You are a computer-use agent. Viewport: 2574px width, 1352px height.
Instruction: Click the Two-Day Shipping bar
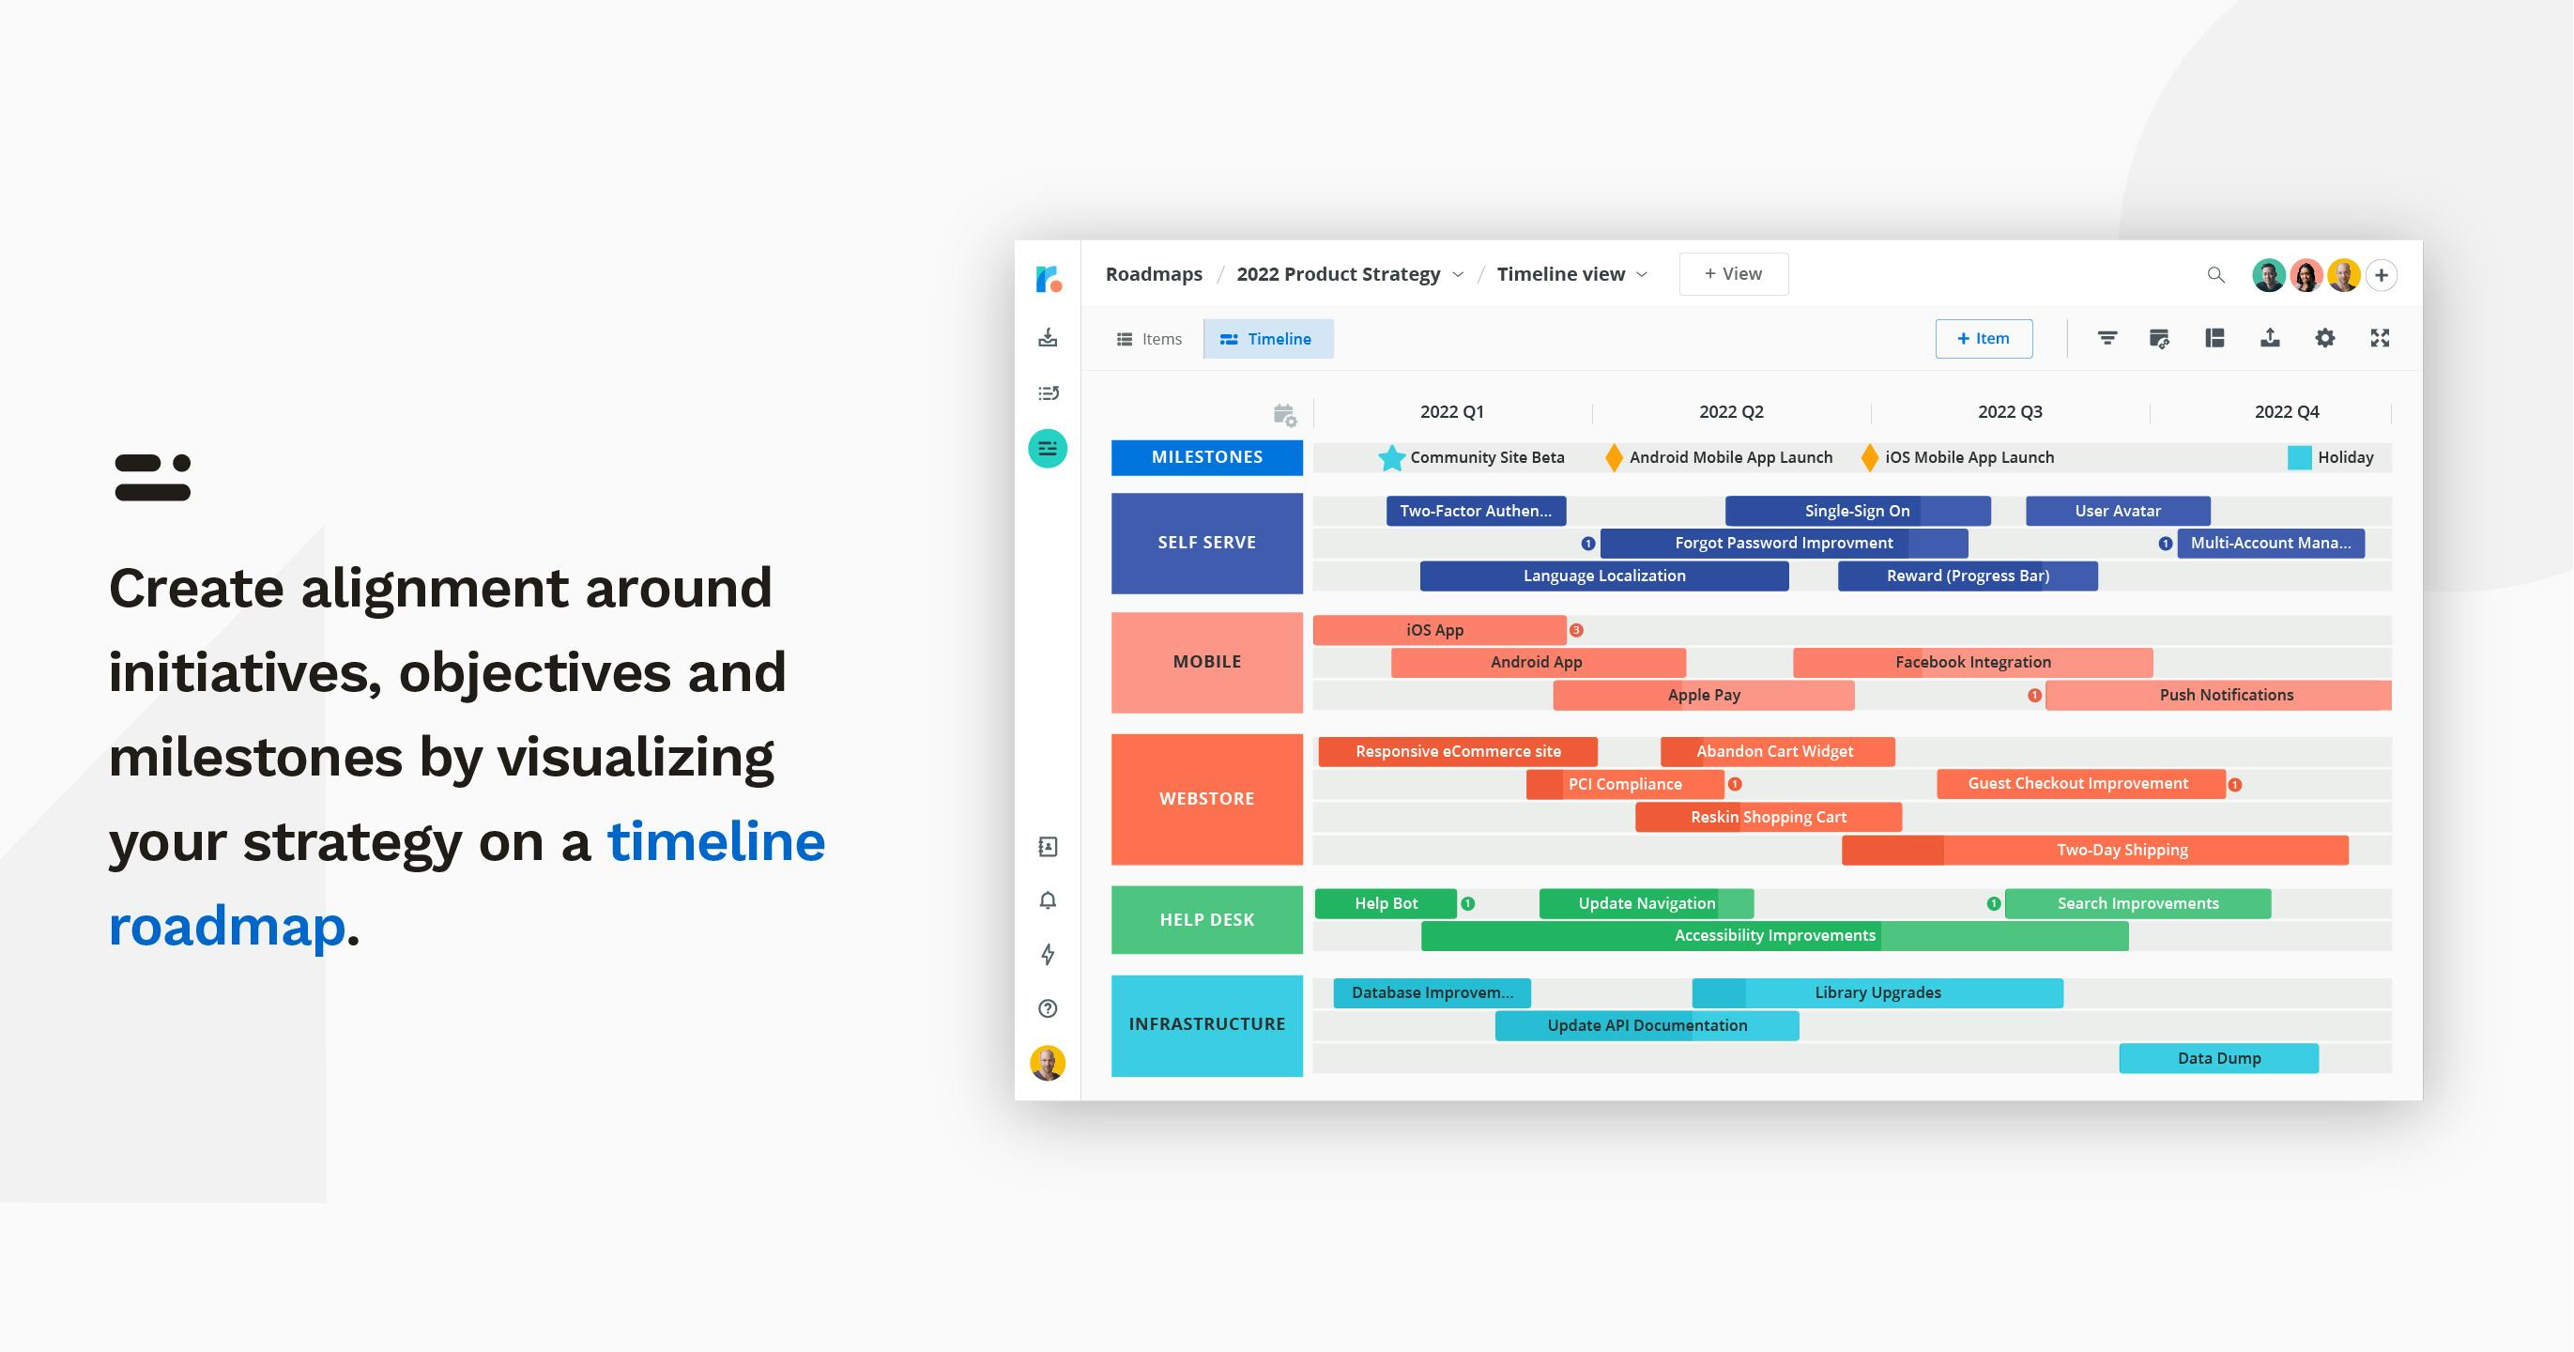(2094, 851)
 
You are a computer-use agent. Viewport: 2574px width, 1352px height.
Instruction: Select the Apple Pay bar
(1704, 696)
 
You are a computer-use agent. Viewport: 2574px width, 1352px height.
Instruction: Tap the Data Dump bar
(2218, 1058)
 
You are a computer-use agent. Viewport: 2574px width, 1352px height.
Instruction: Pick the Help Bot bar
(1386, 903)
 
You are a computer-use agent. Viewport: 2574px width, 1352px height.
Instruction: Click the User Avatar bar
(2118, 511)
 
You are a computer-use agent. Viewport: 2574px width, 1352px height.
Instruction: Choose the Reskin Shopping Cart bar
(1769, 818)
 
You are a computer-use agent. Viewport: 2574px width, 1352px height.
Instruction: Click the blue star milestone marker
(1391, 457)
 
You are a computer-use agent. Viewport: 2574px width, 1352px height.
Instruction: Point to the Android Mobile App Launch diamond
(1614, 457)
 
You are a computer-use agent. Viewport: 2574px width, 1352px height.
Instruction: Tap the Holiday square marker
(2299, 457)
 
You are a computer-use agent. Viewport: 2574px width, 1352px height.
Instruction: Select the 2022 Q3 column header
(2010, 411)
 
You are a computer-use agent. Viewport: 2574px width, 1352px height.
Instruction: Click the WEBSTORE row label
(1206, 799)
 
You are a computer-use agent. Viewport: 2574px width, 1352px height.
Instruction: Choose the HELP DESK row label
(1206, 920)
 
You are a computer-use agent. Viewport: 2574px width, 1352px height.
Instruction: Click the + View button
(1734, 274)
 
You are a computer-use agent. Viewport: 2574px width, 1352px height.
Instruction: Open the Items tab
(1149, 339)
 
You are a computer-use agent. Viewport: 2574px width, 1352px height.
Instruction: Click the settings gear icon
(2325, 338)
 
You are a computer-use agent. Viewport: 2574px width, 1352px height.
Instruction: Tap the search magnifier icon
(2215, 275)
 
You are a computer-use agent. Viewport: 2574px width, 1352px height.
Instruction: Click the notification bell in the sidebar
(1048, 900)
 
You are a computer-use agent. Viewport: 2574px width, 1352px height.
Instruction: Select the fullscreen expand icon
(2380, 338)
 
